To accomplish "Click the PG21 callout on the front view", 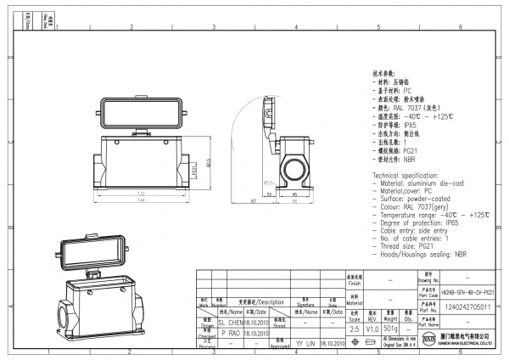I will pos(194,169).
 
